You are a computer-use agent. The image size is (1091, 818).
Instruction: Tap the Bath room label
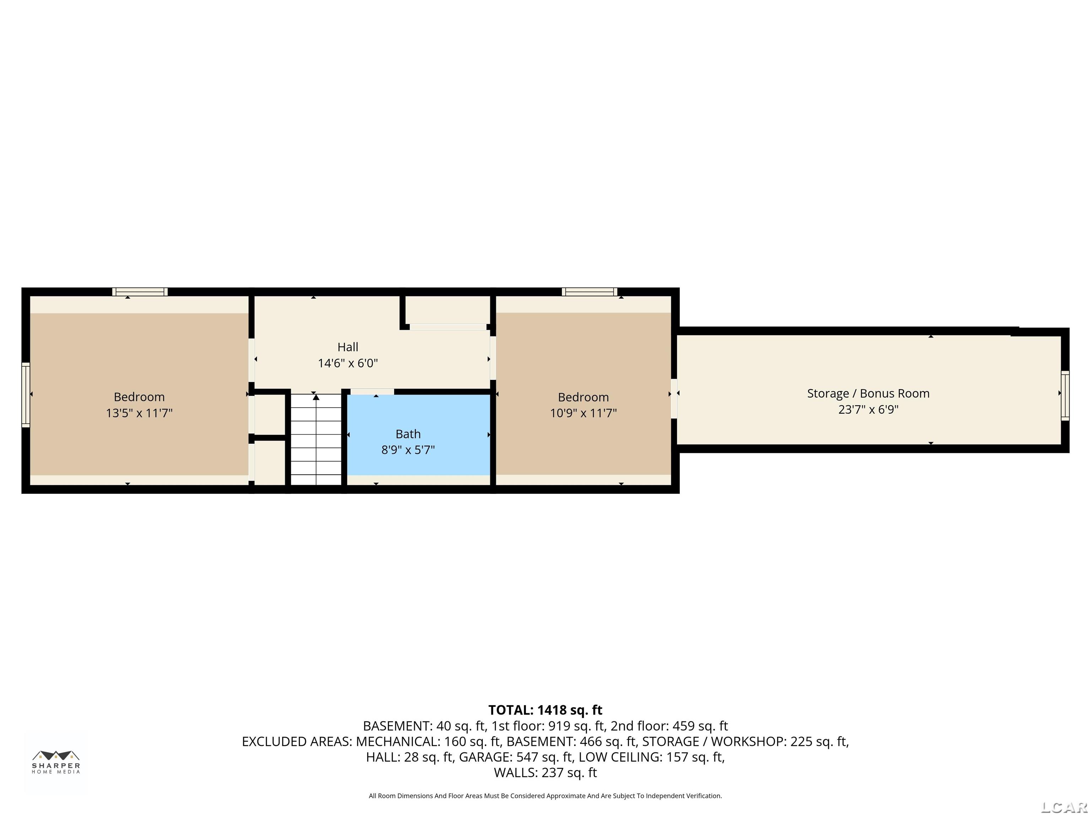point(408,434)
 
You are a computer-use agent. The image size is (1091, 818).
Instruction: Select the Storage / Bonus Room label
point(868,393)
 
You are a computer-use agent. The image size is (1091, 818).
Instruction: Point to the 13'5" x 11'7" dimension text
point(139,413)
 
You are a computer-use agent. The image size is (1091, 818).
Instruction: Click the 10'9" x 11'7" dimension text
point(584,413)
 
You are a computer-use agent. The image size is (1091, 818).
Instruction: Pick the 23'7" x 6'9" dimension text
point(868,409)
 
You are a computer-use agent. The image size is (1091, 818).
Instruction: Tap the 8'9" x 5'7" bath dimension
point(408,450)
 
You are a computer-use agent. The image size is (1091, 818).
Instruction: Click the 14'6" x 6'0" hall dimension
point(348,363)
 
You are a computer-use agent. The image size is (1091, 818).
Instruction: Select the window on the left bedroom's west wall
point(26,394)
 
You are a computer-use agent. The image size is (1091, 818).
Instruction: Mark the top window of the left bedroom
point(140,292)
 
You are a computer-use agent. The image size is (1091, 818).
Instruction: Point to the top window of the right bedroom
point(590,292)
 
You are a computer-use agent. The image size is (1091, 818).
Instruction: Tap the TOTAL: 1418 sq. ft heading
point(545,710)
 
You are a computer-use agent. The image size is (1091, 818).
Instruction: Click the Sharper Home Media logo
point(56,762)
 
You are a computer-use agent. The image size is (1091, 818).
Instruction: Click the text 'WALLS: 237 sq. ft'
point(545,773)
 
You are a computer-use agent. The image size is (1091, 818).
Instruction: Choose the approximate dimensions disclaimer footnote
point(545,796)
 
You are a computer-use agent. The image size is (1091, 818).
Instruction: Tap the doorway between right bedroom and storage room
point(674,398)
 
